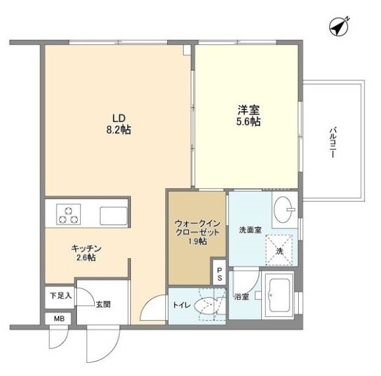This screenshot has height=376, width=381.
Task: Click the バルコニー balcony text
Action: pos(333,141)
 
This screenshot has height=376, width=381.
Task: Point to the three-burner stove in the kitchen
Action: pos(68,214)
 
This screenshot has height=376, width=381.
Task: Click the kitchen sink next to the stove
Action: pos(113,215)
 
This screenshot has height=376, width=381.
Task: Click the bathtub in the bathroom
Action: pos(279,296)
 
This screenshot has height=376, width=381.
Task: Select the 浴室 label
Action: pos(241,297)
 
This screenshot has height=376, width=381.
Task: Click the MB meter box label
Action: pos(59,319)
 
